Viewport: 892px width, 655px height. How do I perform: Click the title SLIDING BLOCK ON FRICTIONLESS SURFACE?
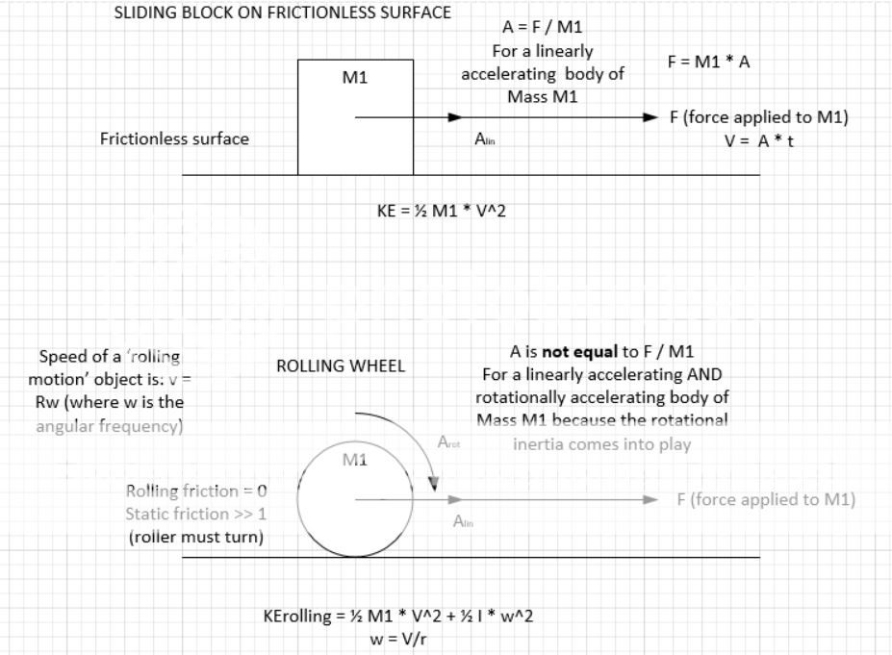pyautogui.click(x=283, y=14)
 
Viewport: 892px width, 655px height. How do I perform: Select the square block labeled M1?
pyautogui.click(x=355, y=116)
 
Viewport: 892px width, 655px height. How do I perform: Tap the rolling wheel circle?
pyautogui.click(x=355, y=499)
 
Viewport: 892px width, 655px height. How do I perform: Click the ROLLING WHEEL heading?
pyautogui.click(x=341, y=366)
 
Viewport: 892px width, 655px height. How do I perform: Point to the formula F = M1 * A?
pyautogui.click(x=708, y=61)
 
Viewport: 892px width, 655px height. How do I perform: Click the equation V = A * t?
pyautogui.click(x=759, y=140)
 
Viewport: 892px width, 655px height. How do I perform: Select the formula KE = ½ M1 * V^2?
pyautogui.click(x=442, y=211)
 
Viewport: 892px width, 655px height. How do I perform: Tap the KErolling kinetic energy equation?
pyautogui.click(x=398, y=616)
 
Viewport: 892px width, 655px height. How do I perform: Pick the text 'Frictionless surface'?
pyautogui.click(x=174, y=139)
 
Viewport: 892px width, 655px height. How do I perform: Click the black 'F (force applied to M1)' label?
pyautogui.click(x=758, y=117)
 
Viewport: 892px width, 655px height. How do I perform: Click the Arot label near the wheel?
pyautogui.click(x=448, y=443)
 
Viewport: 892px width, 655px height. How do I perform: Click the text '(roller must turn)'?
pyautogui.click(x=195, y=537)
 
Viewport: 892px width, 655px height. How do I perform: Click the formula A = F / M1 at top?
pyautogui.click(x=542, y=27)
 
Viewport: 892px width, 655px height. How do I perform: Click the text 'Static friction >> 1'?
pyautogui.click(x=195, y=515)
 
